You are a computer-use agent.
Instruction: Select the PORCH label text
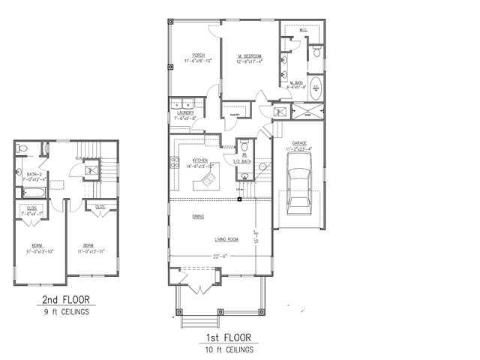(199, 55)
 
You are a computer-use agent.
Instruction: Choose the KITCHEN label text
(200, 160)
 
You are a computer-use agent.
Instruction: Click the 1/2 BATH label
(241, 161)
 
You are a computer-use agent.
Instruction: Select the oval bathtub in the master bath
(316, 88)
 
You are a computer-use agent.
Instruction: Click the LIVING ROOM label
(227, 239)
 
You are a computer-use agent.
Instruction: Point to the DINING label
(198, 217)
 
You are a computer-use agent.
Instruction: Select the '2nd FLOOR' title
(65, 301)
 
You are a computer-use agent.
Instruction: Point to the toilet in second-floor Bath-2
(23, 148)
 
